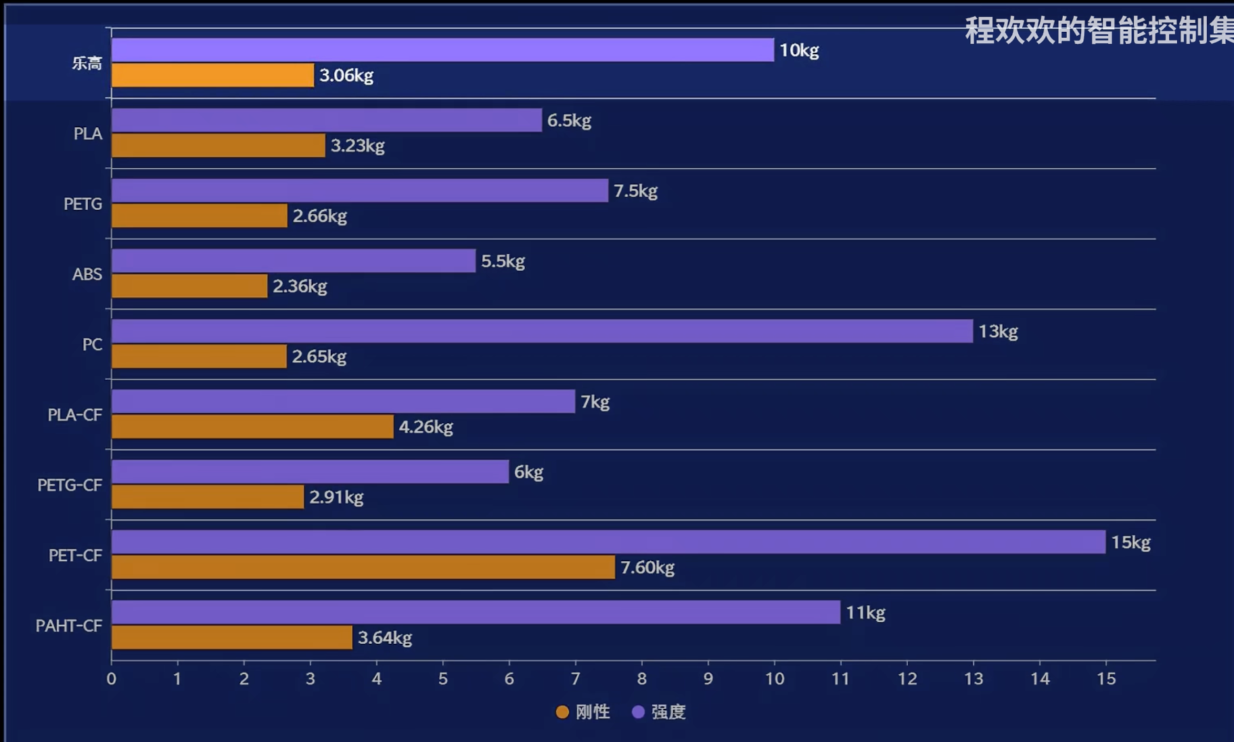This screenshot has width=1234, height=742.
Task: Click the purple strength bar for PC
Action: click(x=542, y=331)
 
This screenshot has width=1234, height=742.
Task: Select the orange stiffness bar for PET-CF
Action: click(x=363, y=567)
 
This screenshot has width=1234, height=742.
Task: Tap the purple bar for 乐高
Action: click(x=442, y=50)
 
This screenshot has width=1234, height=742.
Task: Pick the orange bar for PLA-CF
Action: click(x=252, y=427)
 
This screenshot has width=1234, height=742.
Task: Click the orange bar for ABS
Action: click(x=189, y=286)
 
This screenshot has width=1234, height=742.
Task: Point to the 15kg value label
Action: click(x=1130, y=542)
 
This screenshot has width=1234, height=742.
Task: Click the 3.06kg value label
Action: click(x=346, y=75)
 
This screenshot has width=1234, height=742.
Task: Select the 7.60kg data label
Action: click(x=647, y=567)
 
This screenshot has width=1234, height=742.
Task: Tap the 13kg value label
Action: click(x=998, y=331)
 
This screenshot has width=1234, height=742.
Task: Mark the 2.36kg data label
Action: click(x=300, y=286)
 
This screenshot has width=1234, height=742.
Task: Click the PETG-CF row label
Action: click(x=70, y=485)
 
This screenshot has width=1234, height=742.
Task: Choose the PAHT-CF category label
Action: click(x=69, y=626)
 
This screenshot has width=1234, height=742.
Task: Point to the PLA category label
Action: click(x=88, y=133)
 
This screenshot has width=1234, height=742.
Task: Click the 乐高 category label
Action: click(x=87, y=63)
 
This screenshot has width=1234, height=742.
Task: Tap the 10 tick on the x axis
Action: click(x=775, y=678)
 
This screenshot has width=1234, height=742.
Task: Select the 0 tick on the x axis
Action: click(x=112, y=678)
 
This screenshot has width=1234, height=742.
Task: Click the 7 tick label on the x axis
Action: click(x=576, y=678)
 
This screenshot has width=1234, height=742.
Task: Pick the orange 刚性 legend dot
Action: click(x=562, y=712)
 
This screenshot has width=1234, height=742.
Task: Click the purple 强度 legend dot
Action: click(x=638, y=712)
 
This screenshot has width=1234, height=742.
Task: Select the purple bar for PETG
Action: click(x=360, y=190)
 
